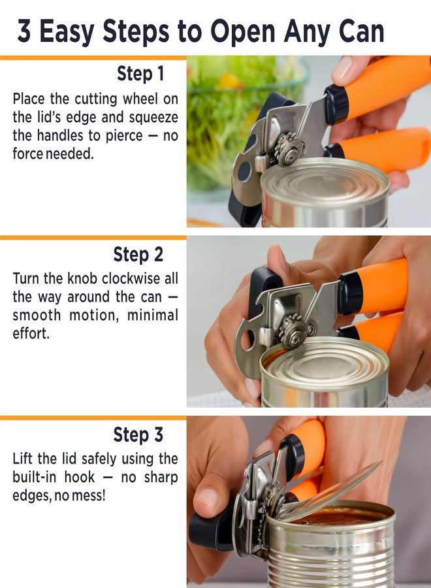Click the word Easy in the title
67,31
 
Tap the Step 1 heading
140,73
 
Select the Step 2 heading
138,254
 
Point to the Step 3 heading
138,434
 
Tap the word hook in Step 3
80,477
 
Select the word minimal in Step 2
153,315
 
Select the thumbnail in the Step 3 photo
207,497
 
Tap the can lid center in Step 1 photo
325,182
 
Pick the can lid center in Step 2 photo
325,362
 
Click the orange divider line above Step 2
93,238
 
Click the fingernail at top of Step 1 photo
343,68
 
